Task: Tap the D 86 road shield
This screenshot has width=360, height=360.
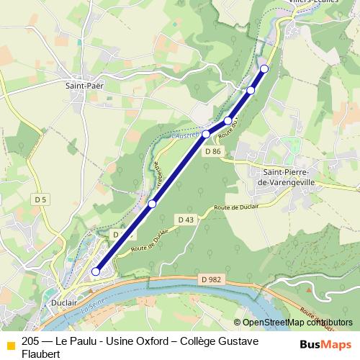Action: (212, 152)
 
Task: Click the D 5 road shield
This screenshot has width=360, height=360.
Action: (40, 199)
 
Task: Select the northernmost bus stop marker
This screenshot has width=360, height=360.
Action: (264, 68)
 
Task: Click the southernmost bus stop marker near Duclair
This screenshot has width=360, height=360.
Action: (96, 272)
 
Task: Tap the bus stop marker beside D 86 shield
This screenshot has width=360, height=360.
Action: (206, 134)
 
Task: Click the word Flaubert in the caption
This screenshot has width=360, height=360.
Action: (41, 354)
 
